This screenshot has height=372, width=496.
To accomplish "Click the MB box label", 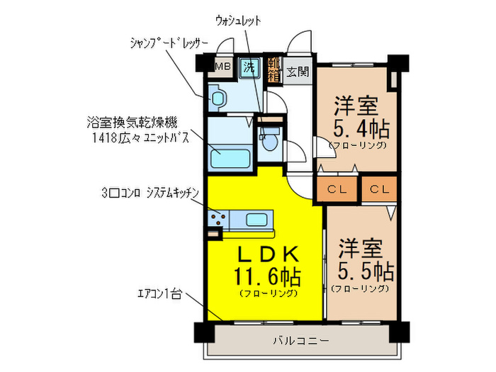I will click(x=222, y=67).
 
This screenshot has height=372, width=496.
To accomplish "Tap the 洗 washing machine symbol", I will click(x=249, y=68).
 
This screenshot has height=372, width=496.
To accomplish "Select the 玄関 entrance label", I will click(x=298, y=71).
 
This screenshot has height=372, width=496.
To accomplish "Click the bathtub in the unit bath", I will click(x=230, y=154).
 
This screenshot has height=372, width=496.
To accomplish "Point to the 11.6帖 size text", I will click(x=267, y=274).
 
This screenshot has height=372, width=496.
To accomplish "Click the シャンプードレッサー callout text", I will click(x=168, y=43).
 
